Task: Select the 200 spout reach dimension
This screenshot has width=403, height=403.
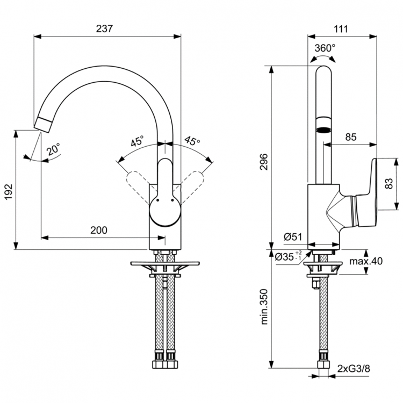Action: click(98, 230)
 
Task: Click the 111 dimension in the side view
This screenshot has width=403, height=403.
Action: click(341, 29)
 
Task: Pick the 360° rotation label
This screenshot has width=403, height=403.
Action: click(325, 48)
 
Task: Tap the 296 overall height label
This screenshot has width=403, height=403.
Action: click(264, 159)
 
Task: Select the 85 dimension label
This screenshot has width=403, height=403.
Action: click(350, 137)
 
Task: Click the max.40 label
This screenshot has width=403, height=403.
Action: click(365, 262)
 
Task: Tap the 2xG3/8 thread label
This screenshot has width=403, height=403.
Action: click(354, 368)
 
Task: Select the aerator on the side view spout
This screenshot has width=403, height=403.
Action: click(323, 129)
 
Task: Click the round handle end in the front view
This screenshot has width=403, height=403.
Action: click(163, 211)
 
